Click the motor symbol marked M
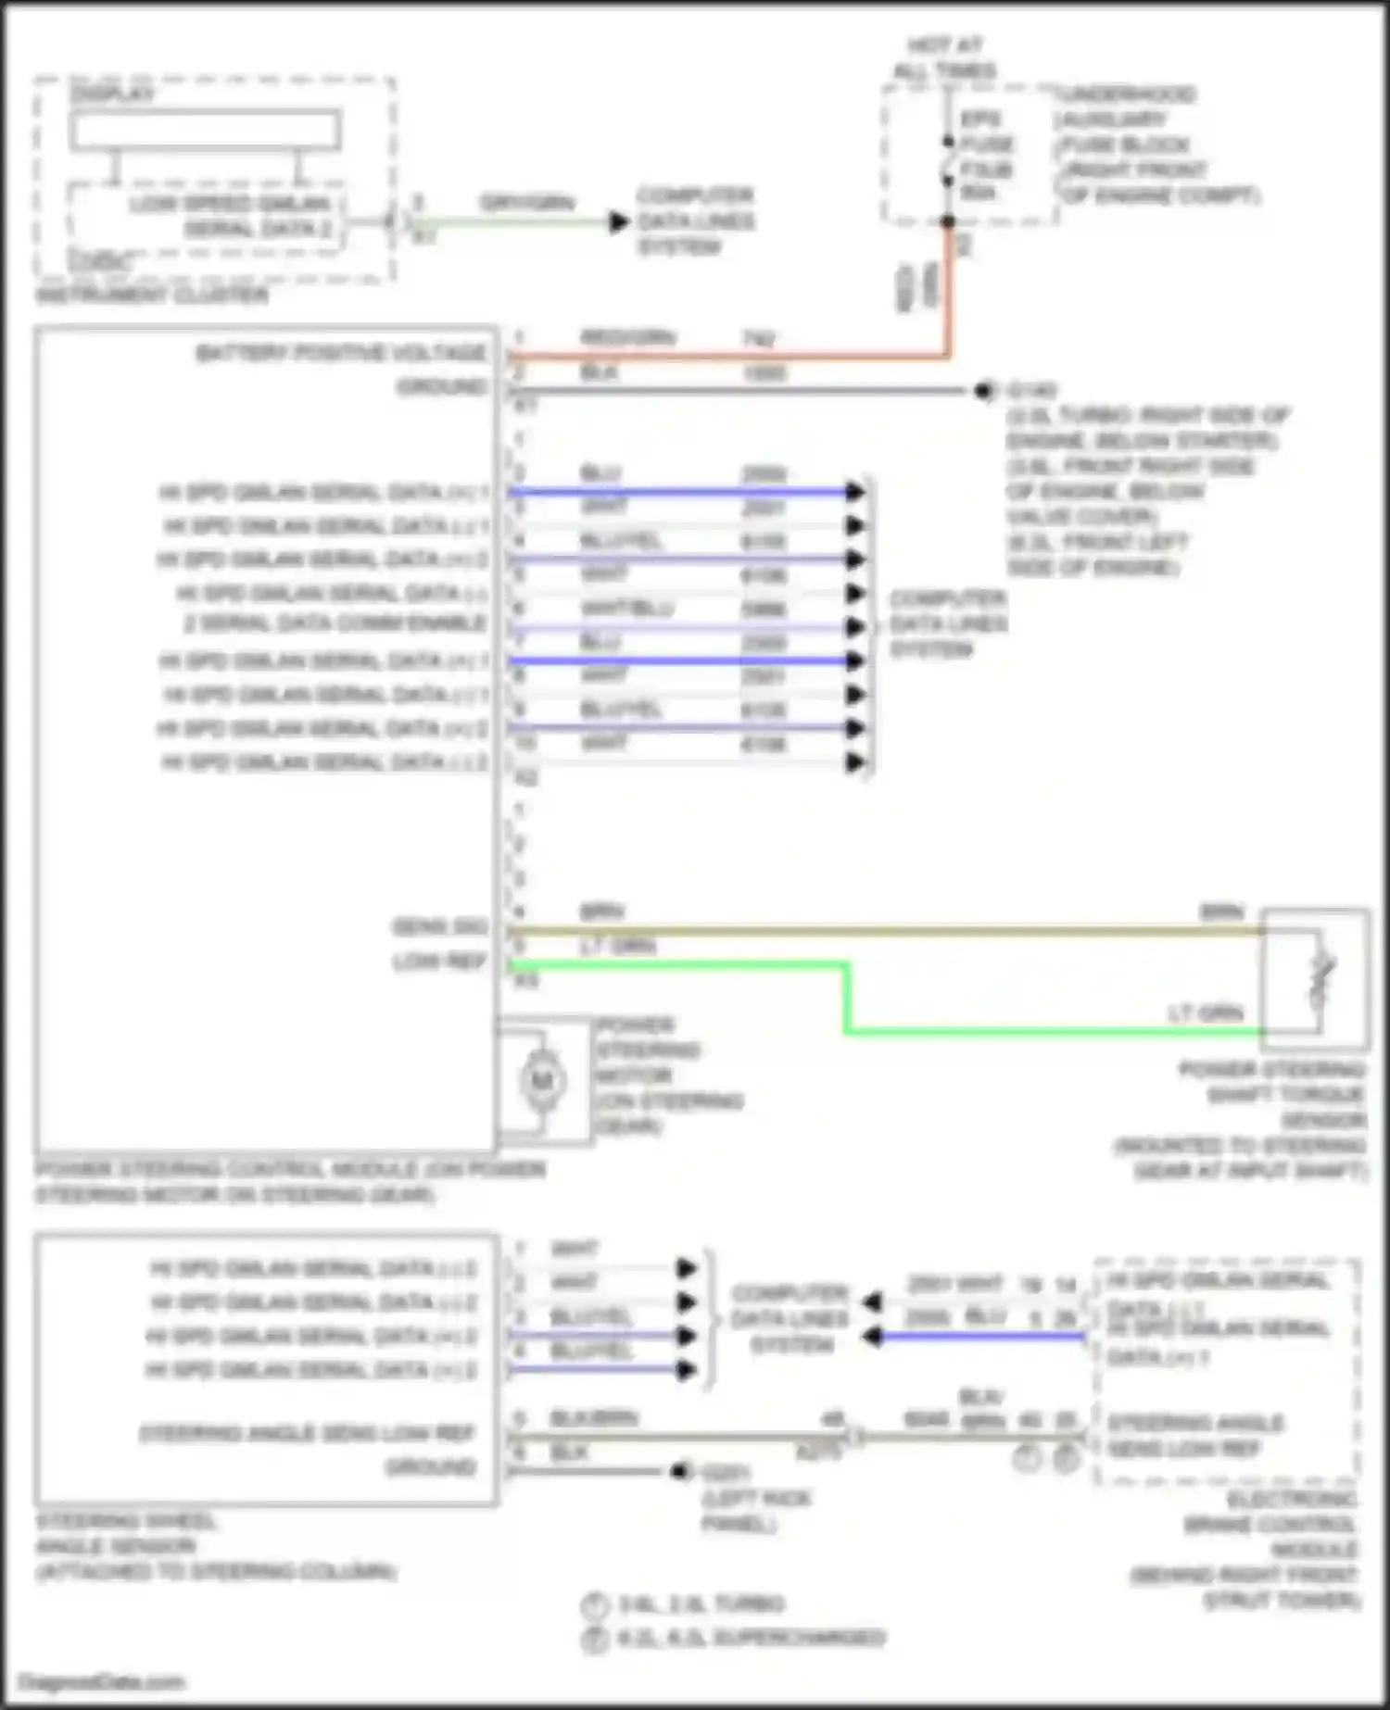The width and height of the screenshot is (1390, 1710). pos(541,1081)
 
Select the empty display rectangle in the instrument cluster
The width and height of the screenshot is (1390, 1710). pos(205,131)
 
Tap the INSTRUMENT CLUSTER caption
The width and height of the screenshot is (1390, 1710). pos(152,296)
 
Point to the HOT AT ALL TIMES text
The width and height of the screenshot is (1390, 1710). pos(944,57)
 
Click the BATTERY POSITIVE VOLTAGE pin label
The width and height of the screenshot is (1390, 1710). pos(341,353)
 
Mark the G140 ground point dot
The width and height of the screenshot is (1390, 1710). pos(983,391)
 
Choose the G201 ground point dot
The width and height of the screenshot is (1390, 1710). pos(681,1471)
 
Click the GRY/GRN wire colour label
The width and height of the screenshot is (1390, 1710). pos(526,203)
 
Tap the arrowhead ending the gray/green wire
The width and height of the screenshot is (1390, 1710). pos(618,222)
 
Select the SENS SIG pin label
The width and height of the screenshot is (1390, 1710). pos(440,927)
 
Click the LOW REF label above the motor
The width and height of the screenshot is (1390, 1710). pos(440,962)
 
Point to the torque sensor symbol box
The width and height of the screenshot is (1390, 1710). pos(1315,980)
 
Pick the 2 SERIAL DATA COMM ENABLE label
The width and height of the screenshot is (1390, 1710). pos(335,623)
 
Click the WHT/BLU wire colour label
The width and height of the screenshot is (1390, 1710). pos(626,609)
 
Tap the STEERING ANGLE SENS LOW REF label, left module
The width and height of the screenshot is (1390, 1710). pos(307,1434)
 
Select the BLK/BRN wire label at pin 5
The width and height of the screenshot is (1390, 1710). pos(594,1418)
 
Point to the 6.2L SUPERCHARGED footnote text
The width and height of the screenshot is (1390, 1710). pos(751,1638)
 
